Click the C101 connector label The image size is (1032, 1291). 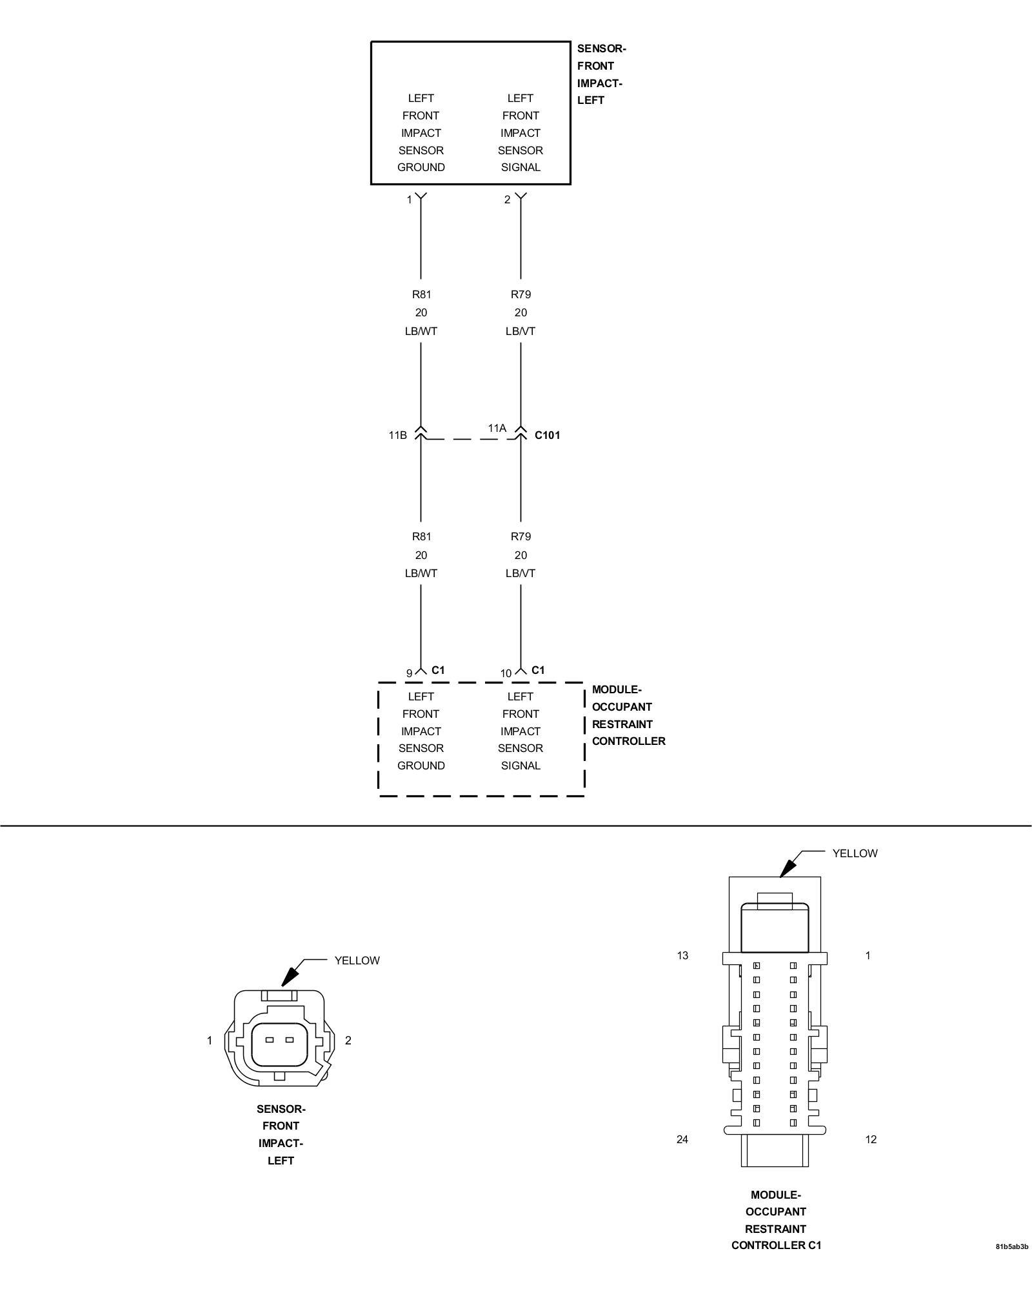pyautogui.click(x=547, y=435)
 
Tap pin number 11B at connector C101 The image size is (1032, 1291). pyautogui.click(x=397, y=435)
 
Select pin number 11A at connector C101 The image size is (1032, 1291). pyautogui.click(x=497, y=428)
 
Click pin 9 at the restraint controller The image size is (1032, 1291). pyautogui.click(x=409, y=673)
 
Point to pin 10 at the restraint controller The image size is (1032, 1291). pyautogui.click(x=506, y=673)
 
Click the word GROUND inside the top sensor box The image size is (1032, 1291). pyautogui.click(x=421, y=167)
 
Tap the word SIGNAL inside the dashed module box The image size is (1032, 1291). pyautogui.click(x=521, y=766)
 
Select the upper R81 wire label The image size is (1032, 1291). pyautogui.click(x=421, y=294)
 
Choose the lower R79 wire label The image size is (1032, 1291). pyautogui.click(x=521, y=536)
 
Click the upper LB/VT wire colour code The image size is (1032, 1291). pyautogui.click(x=521, y=331)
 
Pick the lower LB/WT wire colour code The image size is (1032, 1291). pyautogui.click(x=421, y=573)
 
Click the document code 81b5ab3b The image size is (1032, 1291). pyautogui.click(x=1011, y=1265)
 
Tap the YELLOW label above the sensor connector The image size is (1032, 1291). pyautogui.click(x=357, y=961)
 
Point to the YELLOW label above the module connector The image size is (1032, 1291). pyautogui.click(x=855, y=853)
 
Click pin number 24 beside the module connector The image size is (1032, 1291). pyautogui.click(x=682, y=1139)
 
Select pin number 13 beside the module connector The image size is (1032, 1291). pyautogui.click(x=682, y=955)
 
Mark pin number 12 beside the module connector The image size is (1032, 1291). pyautogui.click(x=870, y=1139)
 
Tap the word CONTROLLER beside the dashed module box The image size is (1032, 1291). pyautogui.click(x=628, y=741)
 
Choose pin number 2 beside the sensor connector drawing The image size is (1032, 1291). pyautogui.click(x=348, y=1040)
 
